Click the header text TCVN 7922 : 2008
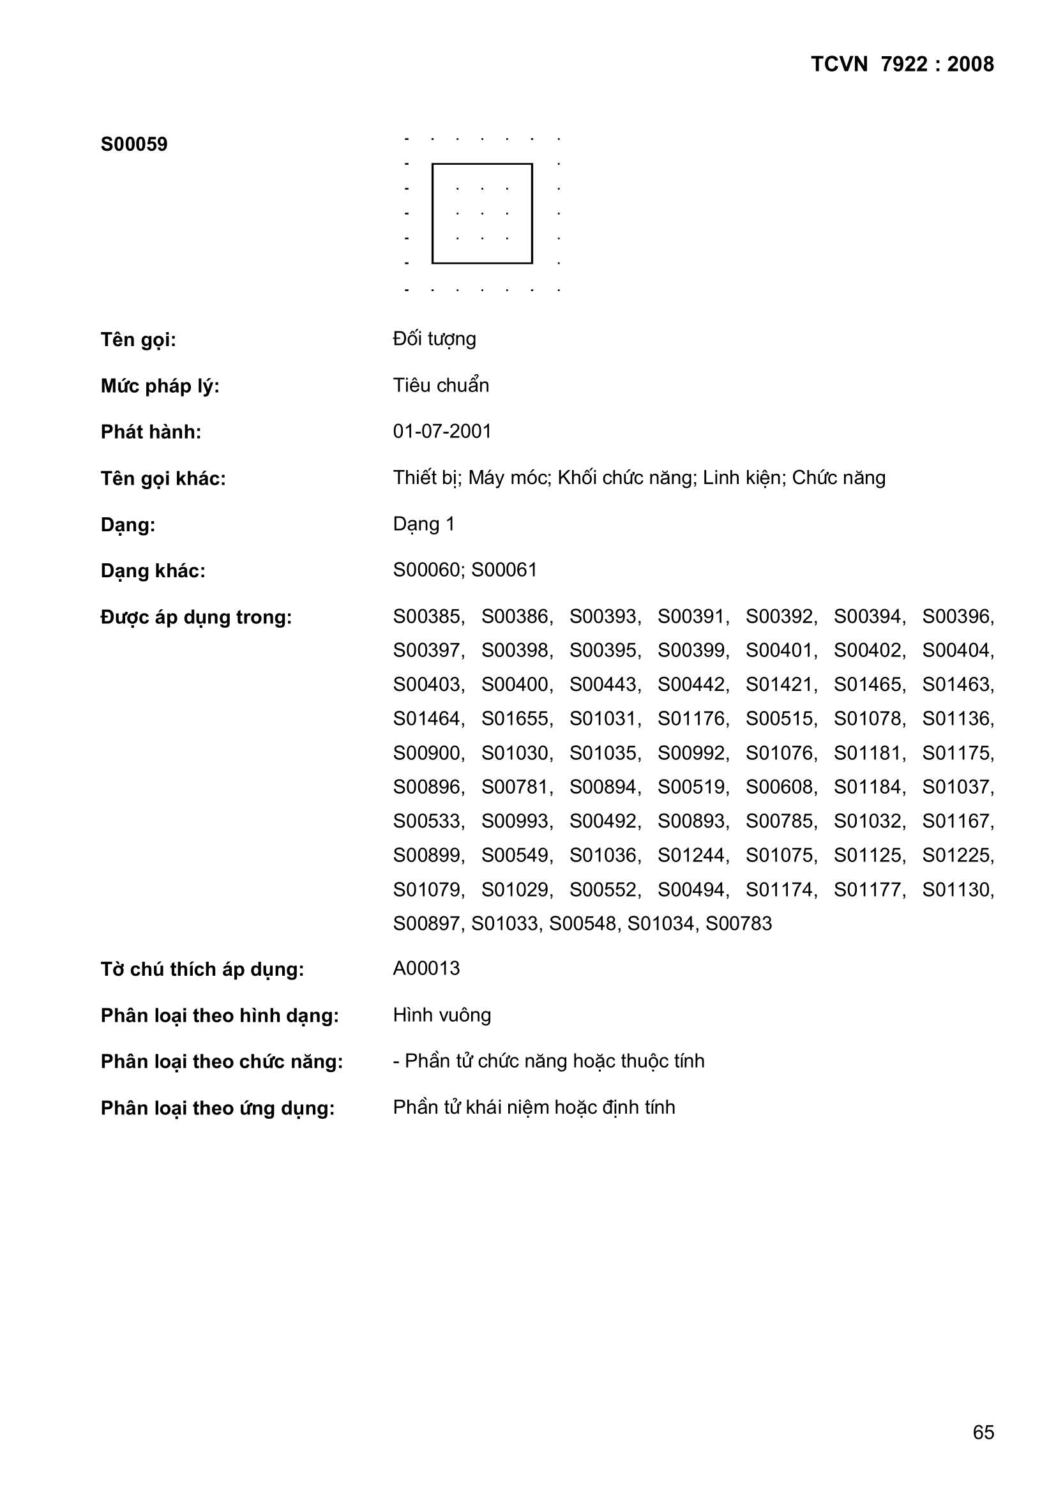(902, 64)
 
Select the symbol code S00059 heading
(134, 144)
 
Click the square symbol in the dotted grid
(482, 213)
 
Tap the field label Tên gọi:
(139, 340)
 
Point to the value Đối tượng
(434, 339)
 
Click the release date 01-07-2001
(442, 432)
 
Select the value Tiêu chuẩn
(441, 386)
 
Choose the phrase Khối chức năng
(626, 478)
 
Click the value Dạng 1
(424, 524)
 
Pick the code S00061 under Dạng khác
(504, 570)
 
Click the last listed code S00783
(739, 923)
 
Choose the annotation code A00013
(426, 969)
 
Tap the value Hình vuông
(442, 1015)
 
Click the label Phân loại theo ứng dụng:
(218, 1108)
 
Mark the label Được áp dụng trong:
(197, 617)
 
